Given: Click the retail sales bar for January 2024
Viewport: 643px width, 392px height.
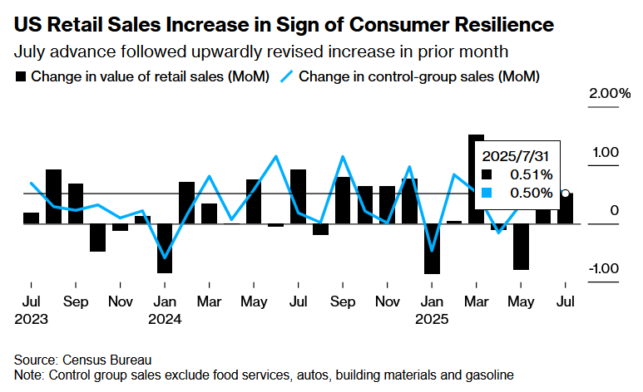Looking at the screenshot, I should coord(165,247).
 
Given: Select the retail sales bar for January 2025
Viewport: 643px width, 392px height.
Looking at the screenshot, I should coord(432,248).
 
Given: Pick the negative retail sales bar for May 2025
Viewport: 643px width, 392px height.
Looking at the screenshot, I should coord(521,246).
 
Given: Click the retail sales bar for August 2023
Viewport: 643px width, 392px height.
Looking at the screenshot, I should coord(53,196).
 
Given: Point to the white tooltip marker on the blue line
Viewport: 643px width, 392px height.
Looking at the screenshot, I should coord(566,194).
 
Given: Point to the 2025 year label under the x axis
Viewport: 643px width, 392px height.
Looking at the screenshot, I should coord(433,319).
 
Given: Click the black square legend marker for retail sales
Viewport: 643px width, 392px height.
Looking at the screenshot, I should coord(21,77).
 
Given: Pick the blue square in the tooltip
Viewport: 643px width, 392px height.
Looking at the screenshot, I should coord(487,193).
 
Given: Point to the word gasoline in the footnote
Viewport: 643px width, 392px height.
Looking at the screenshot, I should coord(487,375).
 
